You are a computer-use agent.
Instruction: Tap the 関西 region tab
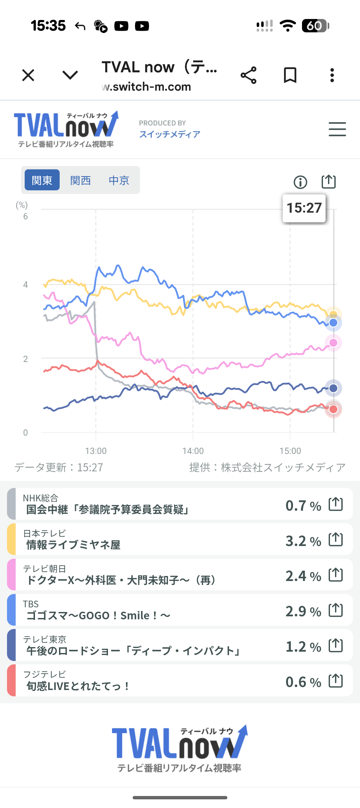click(80, 180)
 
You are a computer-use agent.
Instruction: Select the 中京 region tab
click(119, 180)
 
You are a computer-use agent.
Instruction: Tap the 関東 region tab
click(42, 180)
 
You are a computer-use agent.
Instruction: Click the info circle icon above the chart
click(300, 182)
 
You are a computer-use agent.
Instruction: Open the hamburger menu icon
click(337, 129)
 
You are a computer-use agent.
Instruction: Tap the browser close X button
click(28, 75)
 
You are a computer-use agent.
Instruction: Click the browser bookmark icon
click(290, 75)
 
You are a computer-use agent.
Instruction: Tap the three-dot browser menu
click(332, 75)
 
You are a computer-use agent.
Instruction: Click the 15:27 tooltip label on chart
click(304, 208)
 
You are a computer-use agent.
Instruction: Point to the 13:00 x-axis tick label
click(96, 451)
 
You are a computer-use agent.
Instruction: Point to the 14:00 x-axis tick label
click(193, 451)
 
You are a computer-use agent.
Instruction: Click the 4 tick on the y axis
click(26, 285)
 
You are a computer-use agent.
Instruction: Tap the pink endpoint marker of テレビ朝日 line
click(333, 343)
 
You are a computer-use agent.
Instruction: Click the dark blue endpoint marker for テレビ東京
click(333, 388)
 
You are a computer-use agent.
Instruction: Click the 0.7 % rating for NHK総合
click(303, 506)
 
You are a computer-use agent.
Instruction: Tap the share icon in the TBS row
click(336, 610)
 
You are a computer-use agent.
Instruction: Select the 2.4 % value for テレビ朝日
click(303, 576)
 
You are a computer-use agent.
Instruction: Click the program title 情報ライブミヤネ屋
click(73, 545)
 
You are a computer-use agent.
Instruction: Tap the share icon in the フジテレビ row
click(336, 681)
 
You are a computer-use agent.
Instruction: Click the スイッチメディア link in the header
click(170, 134)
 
